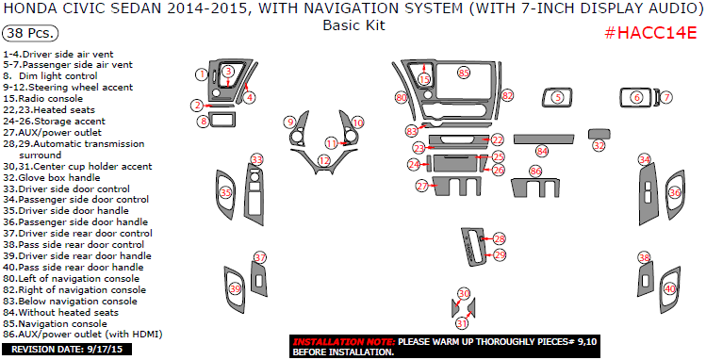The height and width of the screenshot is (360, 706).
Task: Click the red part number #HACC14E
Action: [650, 33]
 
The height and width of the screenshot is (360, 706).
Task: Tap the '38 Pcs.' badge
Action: [30, 33]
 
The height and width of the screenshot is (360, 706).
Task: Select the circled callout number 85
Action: [464, 73]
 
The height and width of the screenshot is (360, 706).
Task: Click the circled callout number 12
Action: [323, 160]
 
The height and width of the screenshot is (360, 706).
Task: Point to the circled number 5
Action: [558, 97]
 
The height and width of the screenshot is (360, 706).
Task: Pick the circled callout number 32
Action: [599, 145]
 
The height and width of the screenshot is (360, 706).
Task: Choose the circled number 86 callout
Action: [535, 171]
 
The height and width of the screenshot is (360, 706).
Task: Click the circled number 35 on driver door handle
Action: [225, 193]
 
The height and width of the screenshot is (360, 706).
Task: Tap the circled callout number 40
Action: [670, 289]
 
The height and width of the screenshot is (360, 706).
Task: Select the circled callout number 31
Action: [462, 323]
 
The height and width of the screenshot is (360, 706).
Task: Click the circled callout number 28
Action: [500, 238]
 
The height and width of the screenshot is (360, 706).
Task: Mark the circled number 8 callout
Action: [204, 121]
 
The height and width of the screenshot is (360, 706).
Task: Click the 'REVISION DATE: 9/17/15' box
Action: [67, 350]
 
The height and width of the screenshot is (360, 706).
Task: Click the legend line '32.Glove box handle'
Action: [52, 178]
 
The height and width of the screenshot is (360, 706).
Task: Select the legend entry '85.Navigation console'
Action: [55, 324]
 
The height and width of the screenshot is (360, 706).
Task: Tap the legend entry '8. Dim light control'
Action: [51, 76]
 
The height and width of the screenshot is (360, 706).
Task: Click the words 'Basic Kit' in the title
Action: [353, 25]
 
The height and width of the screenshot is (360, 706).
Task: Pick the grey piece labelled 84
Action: [544, 139]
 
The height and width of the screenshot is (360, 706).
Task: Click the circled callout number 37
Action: [260, 258]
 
